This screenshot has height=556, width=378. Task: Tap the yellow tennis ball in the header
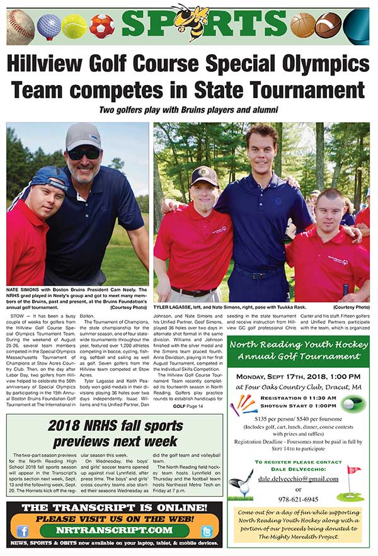tap(74, 26)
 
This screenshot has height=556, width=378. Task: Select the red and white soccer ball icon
tap(101, 26)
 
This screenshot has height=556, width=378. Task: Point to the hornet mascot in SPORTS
tap(190, 21)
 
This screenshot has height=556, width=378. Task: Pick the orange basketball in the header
tap(302, 25)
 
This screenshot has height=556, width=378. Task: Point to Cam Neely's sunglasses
tap(84, 153)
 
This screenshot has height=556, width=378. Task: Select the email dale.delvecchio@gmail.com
tap(298, 479)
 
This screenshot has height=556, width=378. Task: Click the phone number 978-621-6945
tap(298, 498)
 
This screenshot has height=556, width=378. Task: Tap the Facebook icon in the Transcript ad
tap(23, 531)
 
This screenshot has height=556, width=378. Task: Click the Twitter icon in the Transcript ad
tap(206, 531)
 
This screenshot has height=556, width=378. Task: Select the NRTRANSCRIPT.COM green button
tap(113, 531)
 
